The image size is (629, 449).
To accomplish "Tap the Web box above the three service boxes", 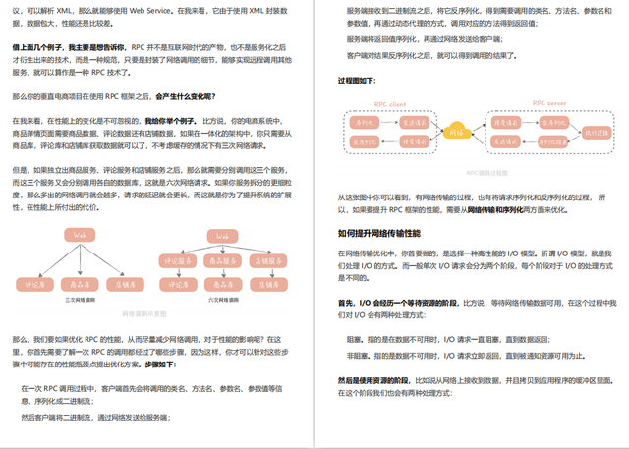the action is pos(222,236).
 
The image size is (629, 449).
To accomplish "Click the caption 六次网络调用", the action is pos(222,299).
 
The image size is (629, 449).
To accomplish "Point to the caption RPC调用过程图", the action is pos(486,173).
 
